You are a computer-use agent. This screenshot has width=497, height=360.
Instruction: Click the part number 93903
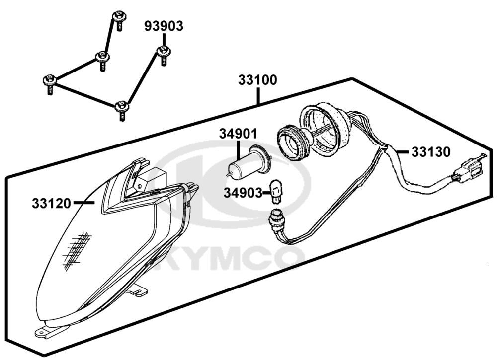point(164,26)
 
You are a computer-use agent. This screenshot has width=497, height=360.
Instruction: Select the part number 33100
point(257,80)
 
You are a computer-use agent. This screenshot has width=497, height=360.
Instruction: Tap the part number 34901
point(239,134)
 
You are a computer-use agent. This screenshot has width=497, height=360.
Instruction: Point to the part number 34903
point(243,193)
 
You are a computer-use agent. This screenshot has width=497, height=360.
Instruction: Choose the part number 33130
point(431,152)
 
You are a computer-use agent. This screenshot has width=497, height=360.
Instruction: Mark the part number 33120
point(51,203)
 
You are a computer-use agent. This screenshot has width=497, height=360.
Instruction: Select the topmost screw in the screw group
point(119,21)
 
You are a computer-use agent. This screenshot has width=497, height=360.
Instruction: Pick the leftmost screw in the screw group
point(49,84)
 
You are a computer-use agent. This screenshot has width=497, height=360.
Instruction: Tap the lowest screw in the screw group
point(122,110)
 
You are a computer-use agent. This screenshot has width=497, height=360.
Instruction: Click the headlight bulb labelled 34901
point(250,164)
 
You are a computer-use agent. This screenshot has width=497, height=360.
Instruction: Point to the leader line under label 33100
point(258,96)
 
